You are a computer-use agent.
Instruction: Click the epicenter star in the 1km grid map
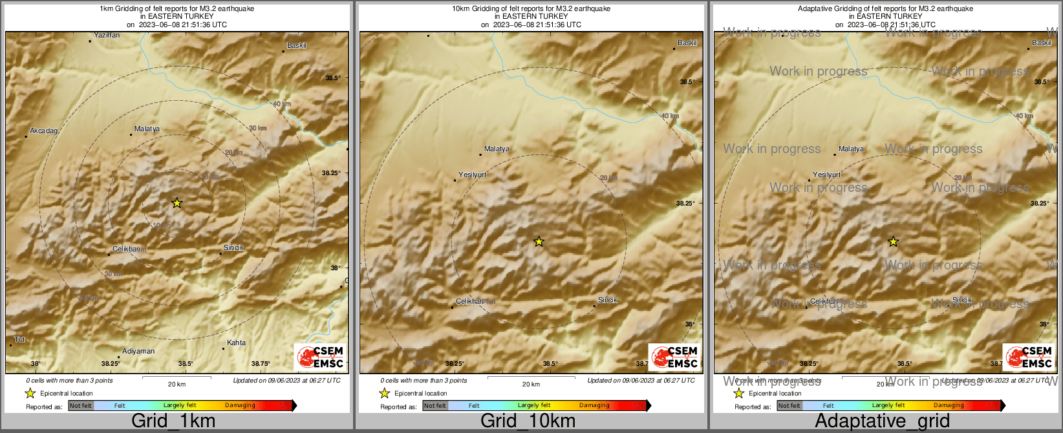[x=177, y=203]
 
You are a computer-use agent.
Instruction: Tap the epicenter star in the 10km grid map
[x=539, y=242]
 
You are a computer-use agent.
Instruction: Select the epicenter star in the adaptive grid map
[x=893, y=242]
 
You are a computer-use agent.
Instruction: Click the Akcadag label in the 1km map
[x=43, y=131]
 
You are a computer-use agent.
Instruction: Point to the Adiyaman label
[x=138, y=352]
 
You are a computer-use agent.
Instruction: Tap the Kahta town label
[x=236, y=343]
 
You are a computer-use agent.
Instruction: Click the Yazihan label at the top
[x=107, y=36]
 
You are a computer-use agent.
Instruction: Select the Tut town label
[x=19, y=340]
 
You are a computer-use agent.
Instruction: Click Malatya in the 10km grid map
[x=497, y=149]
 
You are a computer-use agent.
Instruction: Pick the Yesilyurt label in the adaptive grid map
[x=826, y=175]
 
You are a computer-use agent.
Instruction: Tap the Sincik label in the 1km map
[x=233, y=248]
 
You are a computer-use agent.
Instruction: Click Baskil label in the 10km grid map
[x=687, y=43]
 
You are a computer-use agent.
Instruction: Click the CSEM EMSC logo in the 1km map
[x=320, y=357]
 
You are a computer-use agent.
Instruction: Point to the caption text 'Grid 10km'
[x=528, y=421]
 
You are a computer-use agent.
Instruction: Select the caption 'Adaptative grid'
[x=882, y=421]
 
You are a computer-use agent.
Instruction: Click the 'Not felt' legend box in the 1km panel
[x=81, y=406]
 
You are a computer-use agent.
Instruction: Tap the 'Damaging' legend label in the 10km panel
[x=594, y=406]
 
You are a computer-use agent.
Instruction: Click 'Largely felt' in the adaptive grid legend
[x=888, y=406]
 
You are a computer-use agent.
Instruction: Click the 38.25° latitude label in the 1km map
[x=331, y=173]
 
